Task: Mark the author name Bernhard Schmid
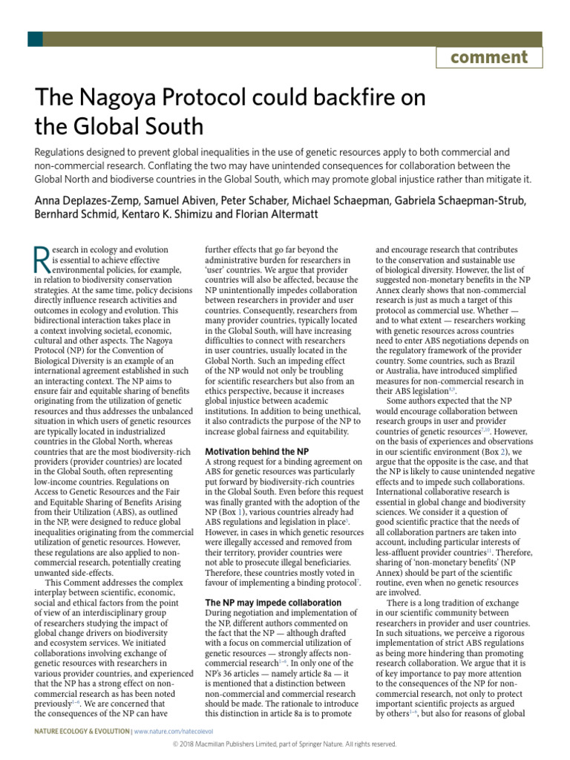[x=68, y=215]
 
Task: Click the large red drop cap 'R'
[x=42, y=261]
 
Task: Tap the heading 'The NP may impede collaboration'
[x=272, y=603]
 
